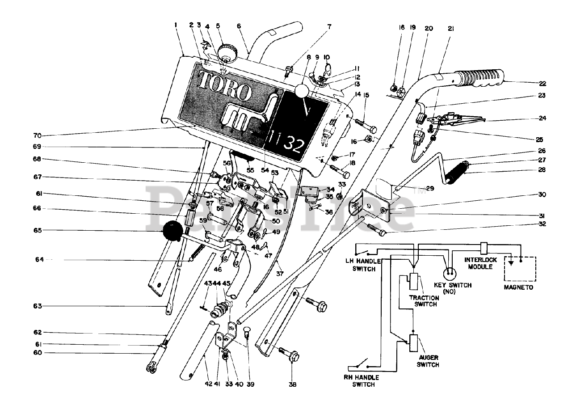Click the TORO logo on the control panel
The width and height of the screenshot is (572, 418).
[225, 85]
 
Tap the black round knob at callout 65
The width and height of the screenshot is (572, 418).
[172, 231]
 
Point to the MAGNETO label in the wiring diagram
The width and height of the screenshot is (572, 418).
[518, 287]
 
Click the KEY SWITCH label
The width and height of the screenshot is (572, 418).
[453, 288]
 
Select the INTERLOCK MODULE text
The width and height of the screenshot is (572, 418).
[480, 263]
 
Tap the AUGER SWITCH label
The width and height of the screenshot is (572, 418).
[428, 361]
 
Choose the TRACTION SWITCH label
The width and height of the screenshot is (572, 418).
[424, 301]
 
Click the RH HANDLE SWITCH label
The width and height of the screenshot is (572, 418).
[364, 381]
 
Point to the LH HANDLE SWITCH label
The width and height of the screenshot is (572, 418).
[364, 265]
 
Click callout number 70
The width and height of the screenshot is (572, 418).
[37, 135]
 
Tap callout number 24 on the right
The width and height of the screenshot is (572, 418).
[543, 118]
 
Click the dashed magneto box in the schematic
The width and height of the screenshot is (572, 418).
[520, 269]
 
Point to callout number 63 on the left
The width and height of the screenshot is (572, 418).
[38, 306]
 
